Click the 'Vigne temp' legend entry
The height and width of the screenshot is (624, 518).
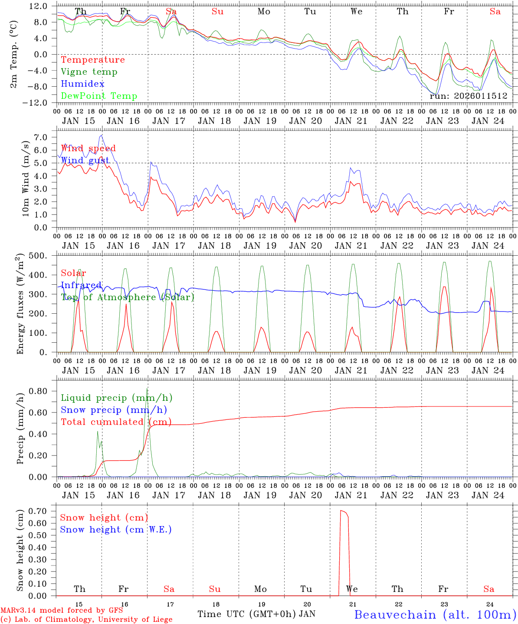89,72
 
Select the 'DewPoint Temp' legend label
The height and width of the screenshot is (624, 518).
99,96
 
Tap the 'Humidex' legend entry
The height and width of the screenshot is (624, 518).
82,84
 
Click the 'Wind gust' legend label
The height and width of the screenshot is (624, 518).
85,160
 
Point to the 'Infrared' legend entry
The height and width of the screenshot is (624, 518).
81,285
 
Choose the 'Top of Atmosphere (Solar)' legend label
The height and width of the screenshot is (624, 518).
127,297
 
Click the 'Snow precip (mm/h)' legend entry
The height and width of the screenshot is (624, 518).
114,410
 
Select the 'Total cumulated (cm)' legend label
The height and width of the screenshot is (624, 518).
116,422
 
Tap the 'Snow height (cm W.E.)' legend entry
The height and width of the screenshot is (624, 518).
116,530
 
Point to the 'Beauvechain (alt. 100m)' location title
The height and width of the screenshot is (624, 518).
435,614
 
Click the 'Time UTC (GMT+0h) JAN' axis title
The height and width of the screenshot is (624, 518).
256,614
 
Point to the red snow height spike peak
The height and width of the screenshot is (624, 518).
341,511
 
